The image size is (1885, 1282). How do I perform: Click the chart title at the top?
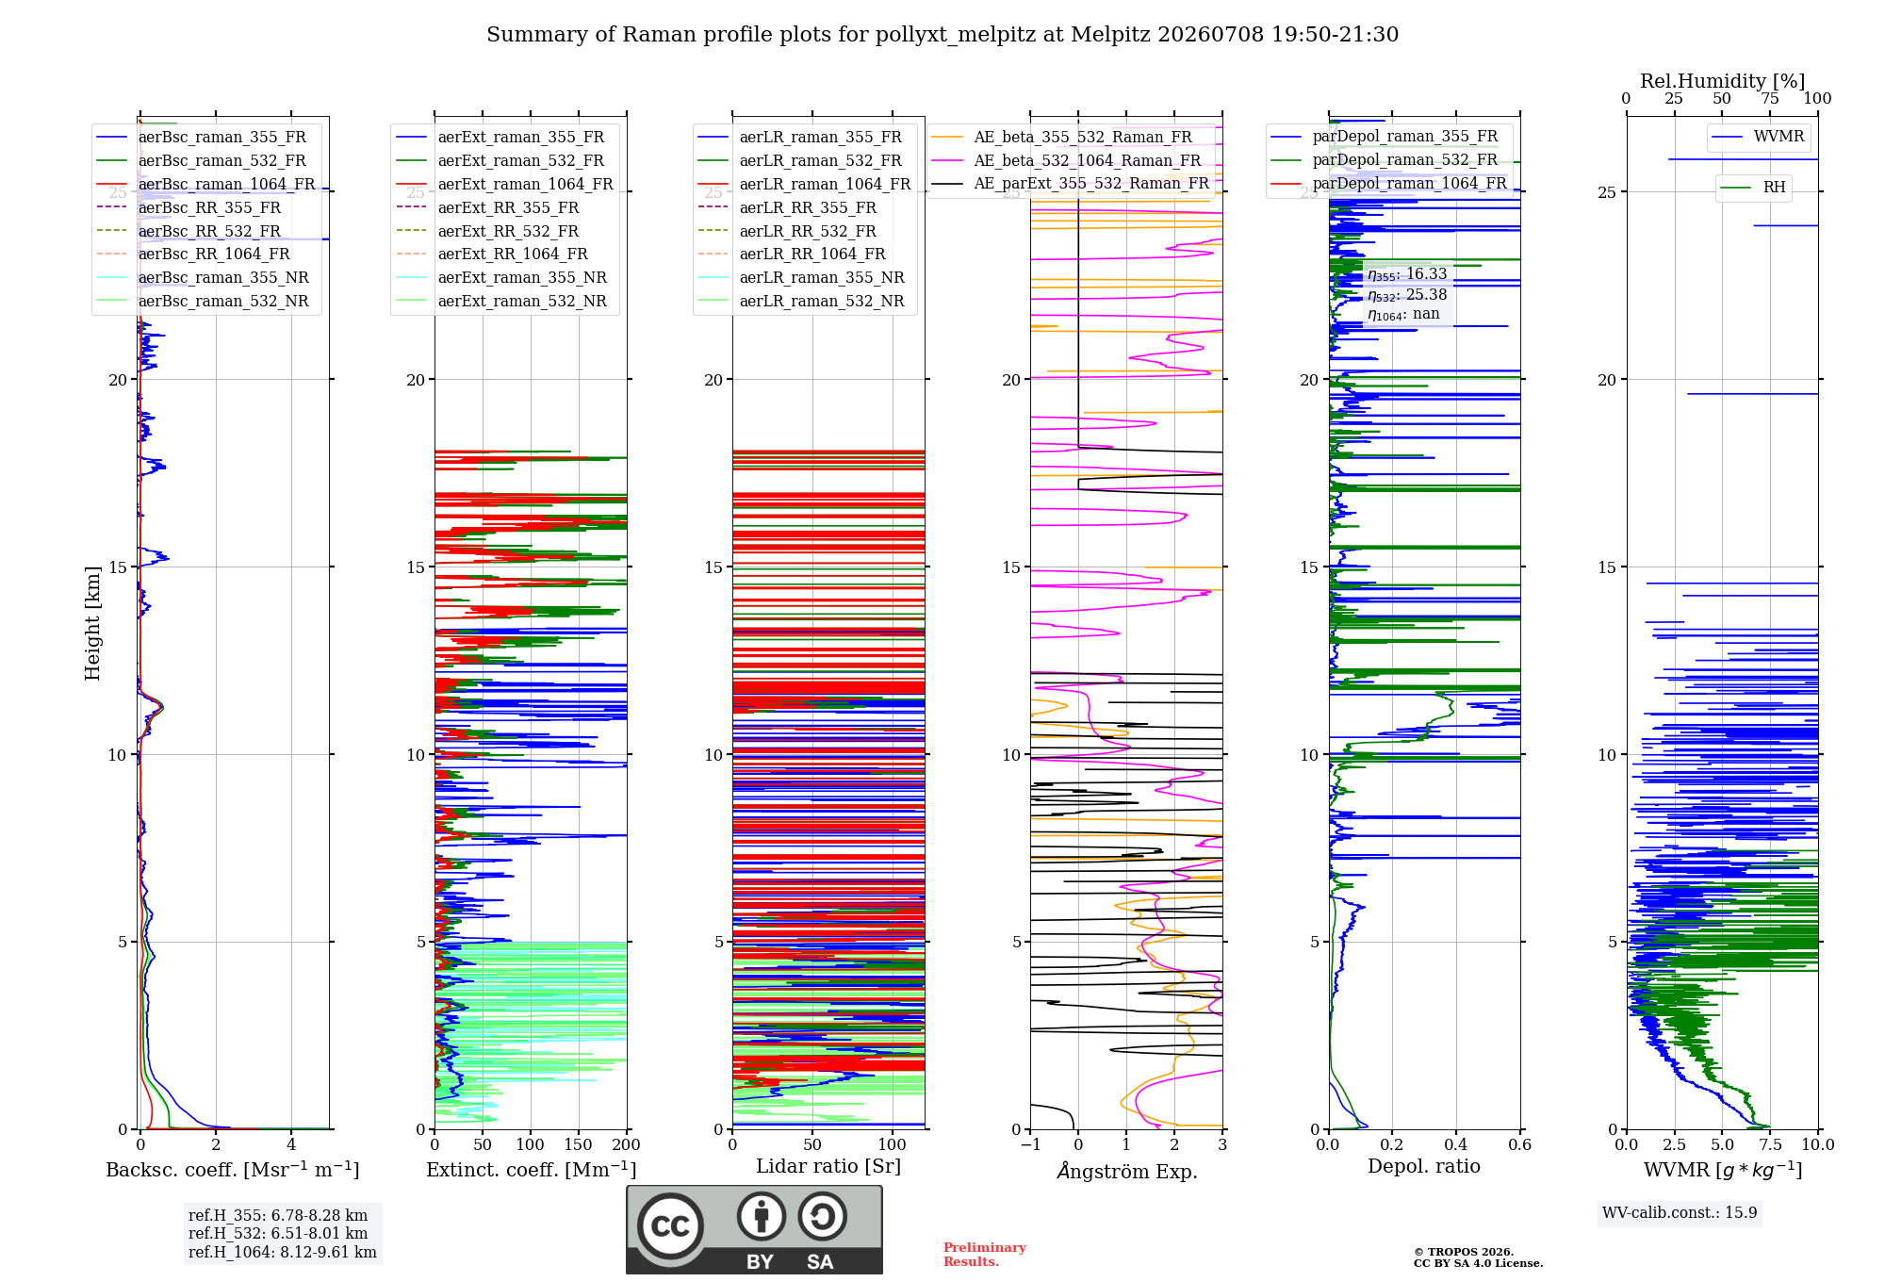click(x=942, y=35)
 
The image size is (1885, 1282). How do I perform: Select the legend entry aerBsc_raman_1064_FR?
click(x=226, y=184)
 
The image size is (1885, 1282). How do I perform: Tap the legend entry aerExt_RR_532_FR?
click(x=508, y=231)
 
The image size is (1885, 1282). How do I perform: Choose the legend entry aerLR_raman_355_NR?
click(x=822, y=277)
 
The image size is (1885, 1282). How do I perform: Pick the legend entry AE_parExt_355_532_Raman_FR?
click(x=1091, y=183)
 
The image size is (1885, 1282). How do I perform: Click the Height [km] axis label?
click(x=92, y=623)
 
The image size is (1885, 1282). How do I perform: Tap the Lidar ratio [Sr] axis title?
click(x=828, y=1166)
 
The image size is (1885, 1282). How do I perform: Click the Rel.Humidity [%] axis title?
click(x=1722, y=81)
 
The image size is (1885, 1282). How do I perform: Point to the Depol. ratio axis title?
click(x=1424, y=1166)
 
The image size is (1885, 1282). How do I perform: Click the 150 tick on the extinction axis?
click(x=578, y=1144)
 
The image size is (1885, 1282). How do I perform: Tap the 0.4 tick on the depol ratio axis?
click(x=1456, y=1144)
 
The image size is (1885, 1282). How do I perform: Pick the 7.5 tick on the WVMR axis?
click(x=1770, y=1144)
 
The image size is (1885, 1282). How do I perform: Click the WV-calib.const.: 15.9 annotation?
click(x=1680, y=1212)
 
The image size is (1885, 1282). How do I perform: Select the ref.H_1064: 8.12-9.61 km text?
click(x=283, y=1252)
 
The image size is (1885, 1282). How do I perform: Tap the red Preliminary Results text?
click(x=985, y=1255)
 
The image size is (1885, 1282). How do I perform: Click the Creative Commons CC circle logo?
click(x=671, y=1225)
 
